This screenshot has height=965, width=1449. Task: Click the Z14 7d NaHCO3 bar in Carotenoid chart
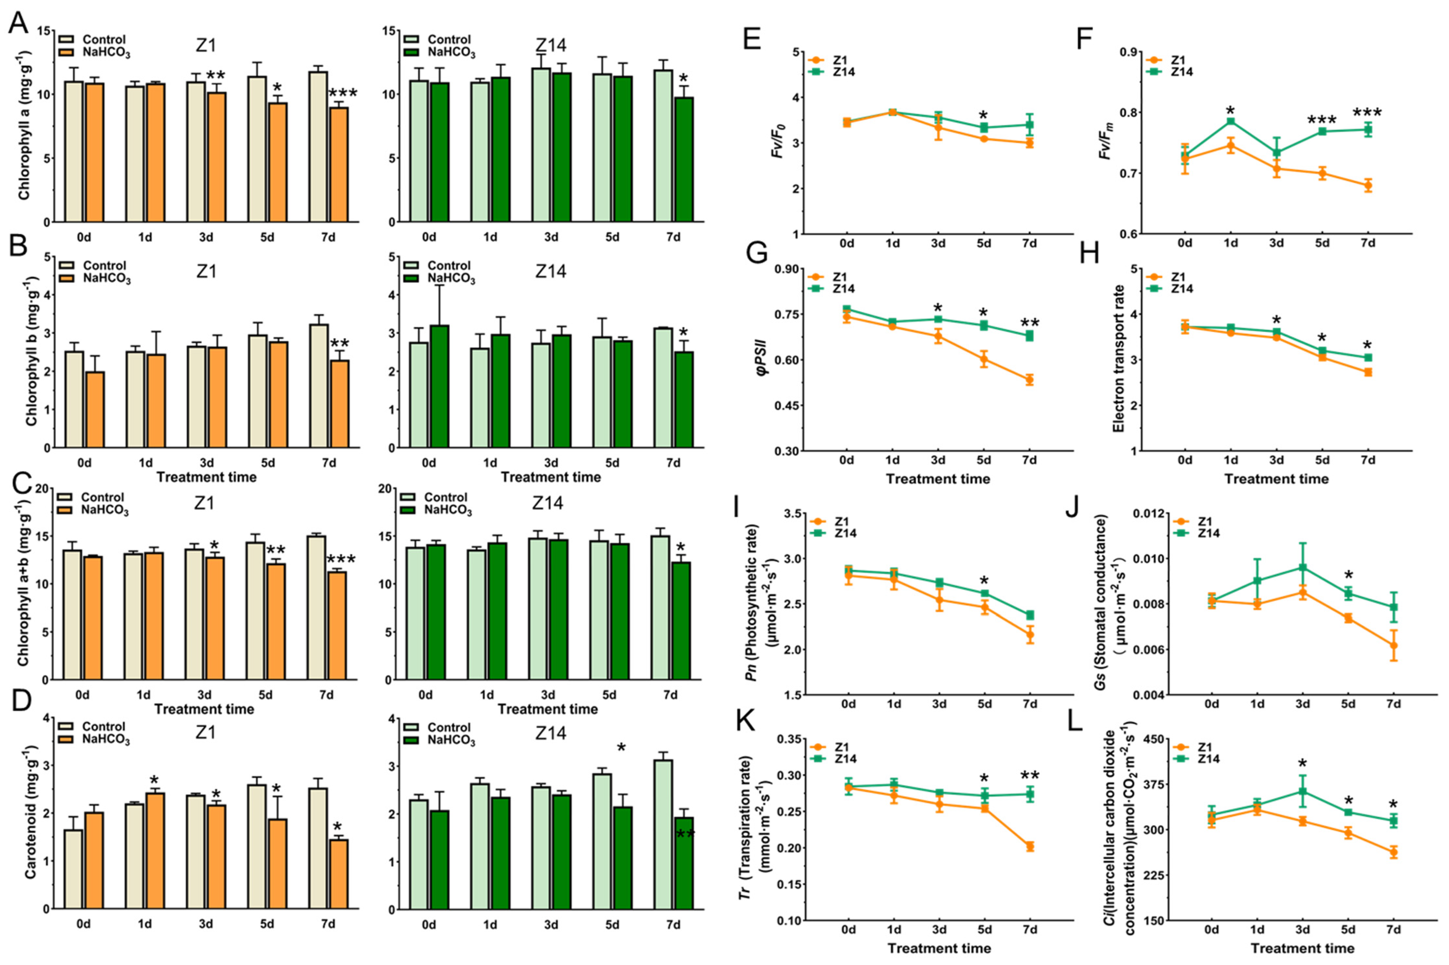point(684,862)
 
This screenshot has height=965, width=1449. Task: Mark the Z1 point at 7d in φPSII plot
point(1029,380)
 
